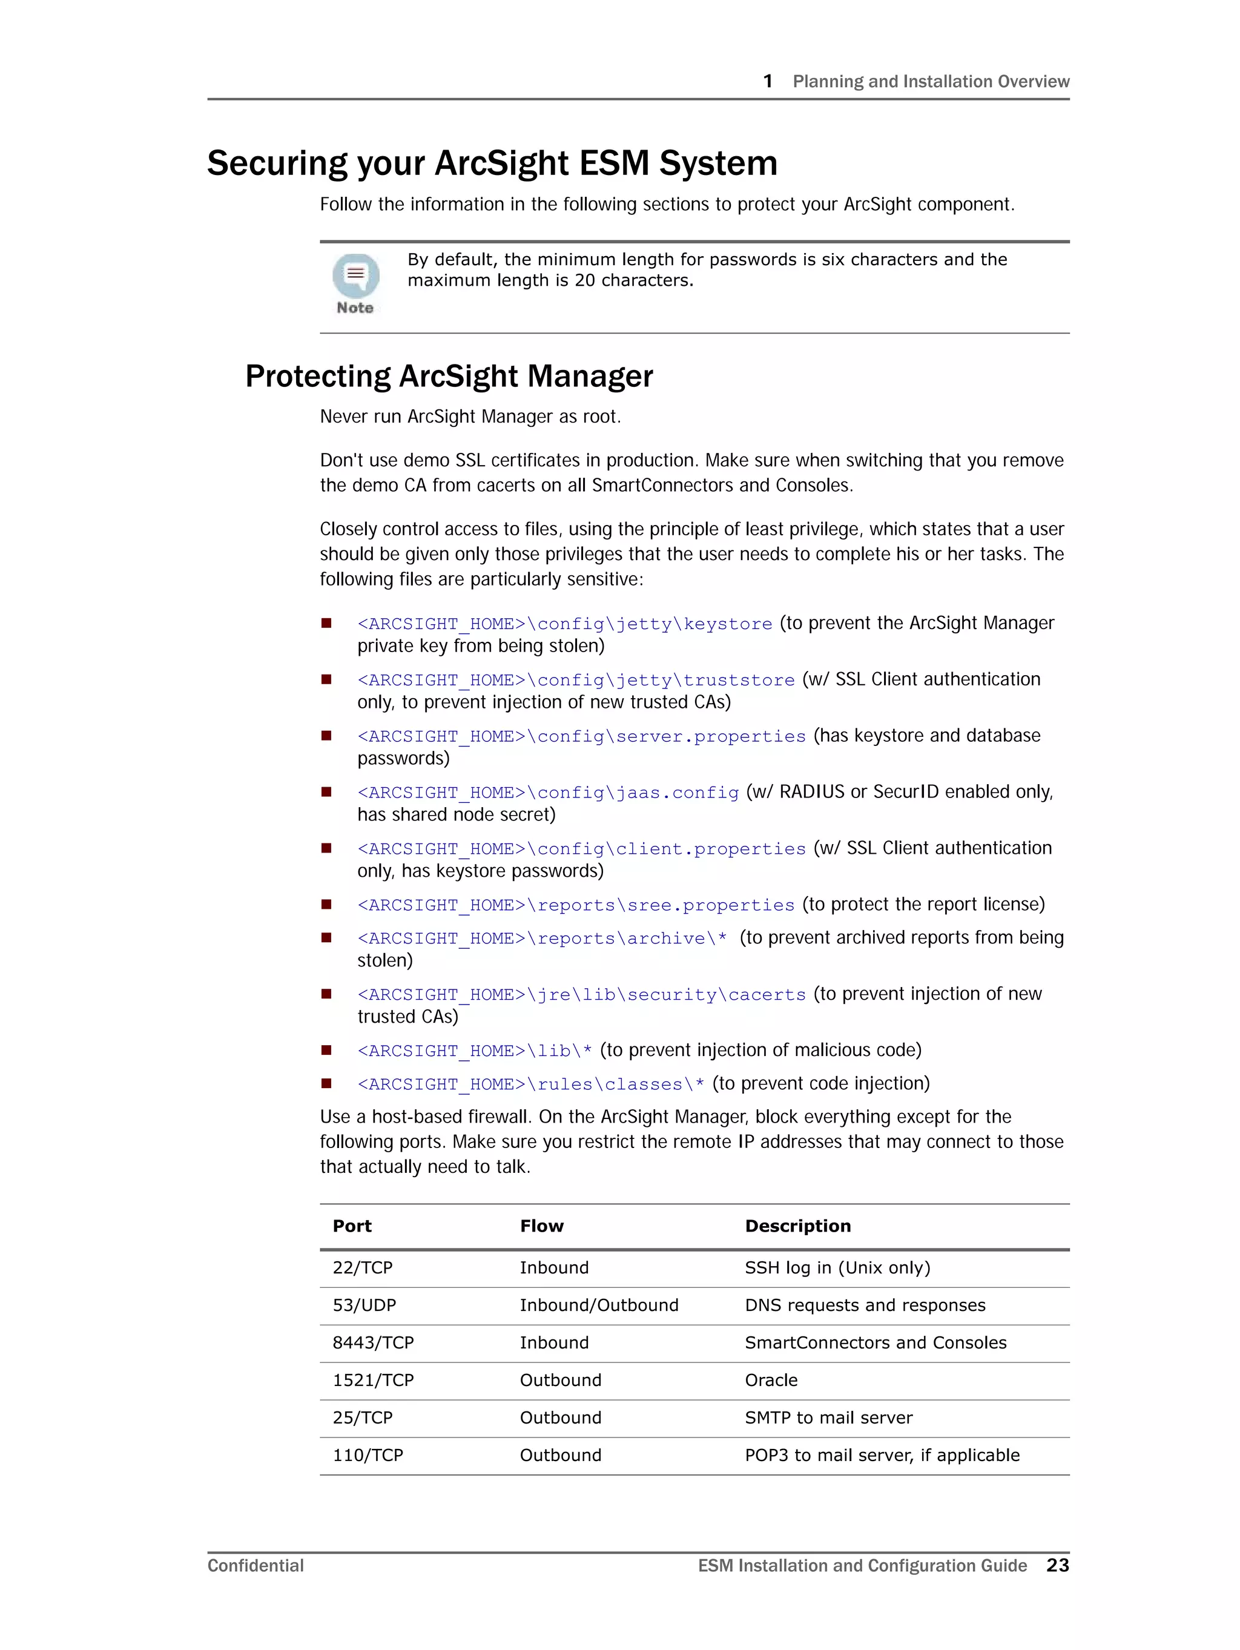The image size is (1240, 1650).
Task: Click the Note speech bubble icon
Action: coord(355,276)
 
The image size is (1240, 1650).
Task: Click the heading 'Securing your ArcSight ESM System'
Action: coord(492,163)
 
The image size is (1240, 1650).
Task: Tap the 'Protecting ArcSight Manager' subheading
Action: coord(449,376)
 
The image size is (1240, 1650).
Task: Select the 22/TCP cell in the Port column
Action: coord(362,1267)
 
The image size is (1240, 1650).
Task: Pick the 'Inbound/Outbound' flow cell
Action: coord(598,1305)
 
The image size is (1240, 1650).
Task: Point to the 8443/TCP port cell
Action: coord(372,1342)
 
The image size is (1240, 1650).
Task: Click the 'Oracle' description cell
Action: coord(771,1380)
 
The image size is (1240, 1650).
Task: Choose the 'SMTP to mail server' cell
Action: coord(828,1417)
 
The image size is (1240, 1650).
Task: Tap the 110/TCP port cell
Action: coord(367,1454)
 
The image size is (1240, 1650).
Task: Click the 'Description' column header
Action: coord(797,1226)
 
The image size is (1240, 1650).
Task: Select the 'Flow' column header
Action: coord(542,1226)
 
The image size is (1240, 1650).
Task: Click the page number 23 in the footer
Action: coord(1057,1565)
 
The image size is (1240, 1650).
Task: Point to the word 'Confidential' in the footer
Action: coord(255,1566)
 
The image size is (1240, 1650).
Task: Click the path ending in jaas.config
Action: coord(547,792)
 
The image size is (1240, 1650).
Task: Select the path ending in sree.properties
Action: coord(575,905)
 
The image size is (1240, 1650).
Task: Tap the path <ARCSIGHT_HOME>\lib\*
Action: coord(475,1051)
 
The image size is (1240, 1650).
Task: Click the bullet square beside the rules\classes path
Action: coord(326,1083)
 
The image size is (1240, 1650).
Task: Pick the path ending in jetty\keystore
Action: coord(564,624)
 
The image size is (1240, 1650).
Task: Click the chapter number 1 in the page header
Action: coord(768,81)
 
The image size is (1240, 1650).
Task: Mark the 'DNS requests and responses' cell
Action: coord(865,1305)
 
